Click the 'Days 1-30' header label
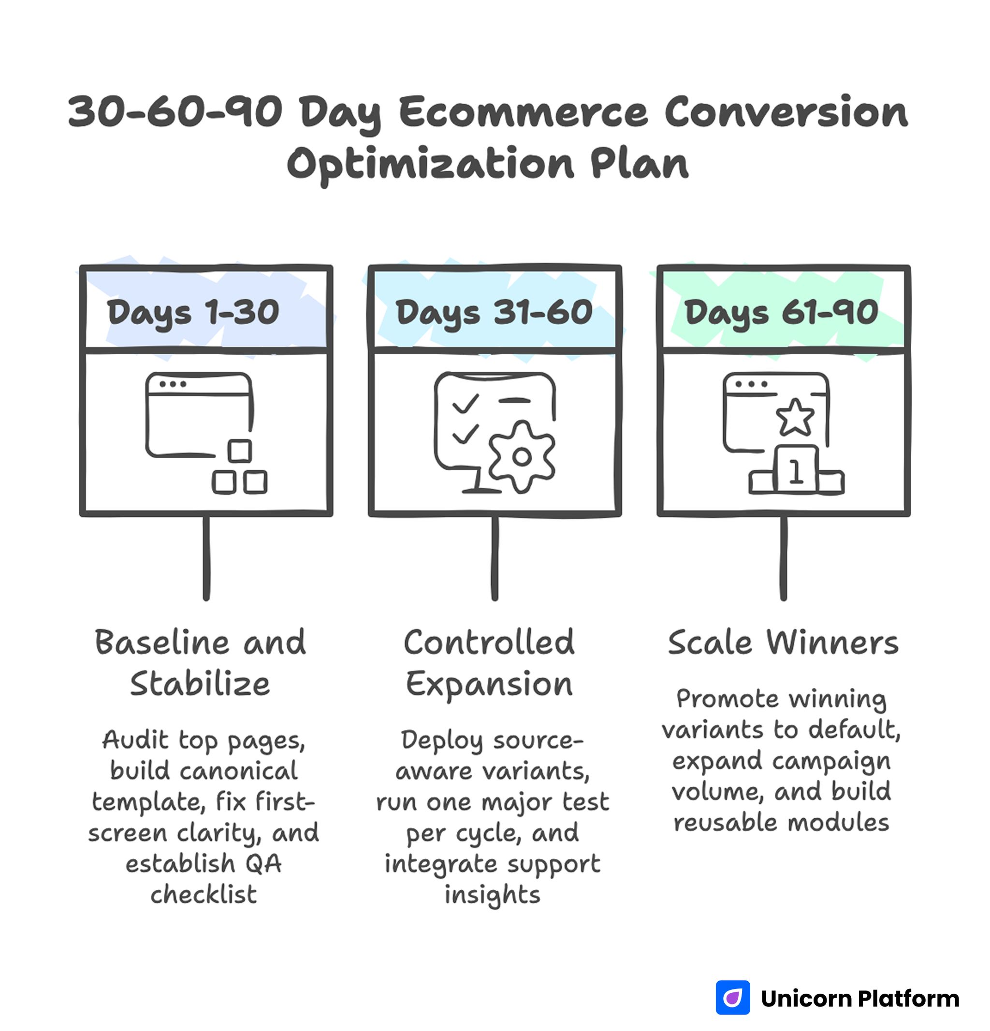[x=193, y=312]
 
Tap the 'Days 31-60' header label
[x=494, y=312]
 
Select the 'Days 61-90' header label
[x=781, y=312]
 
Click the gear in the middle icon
[x=521, y=457]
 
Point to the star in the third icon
[x=795, y=418]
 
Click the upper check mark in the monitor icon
[x=465, y=404]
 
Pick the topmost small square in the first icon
[x=239, y=451]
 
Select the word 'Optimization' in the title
[x=430, y=164]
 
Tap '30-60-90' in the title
[x=175, y=112]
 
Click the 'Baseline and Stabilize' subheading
[x=200, y=663]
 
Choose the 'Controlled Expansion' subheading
[x=489, y=663]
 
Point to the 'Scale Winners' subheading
[x=783, y=643]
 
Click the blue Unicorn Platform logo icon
[x=733, y=997]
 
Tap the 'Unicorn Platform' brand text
[x=859, y=999]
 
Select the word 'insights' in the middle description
[x=493, y=894]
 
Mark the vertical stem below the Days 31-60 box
[x=495, y=558]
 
